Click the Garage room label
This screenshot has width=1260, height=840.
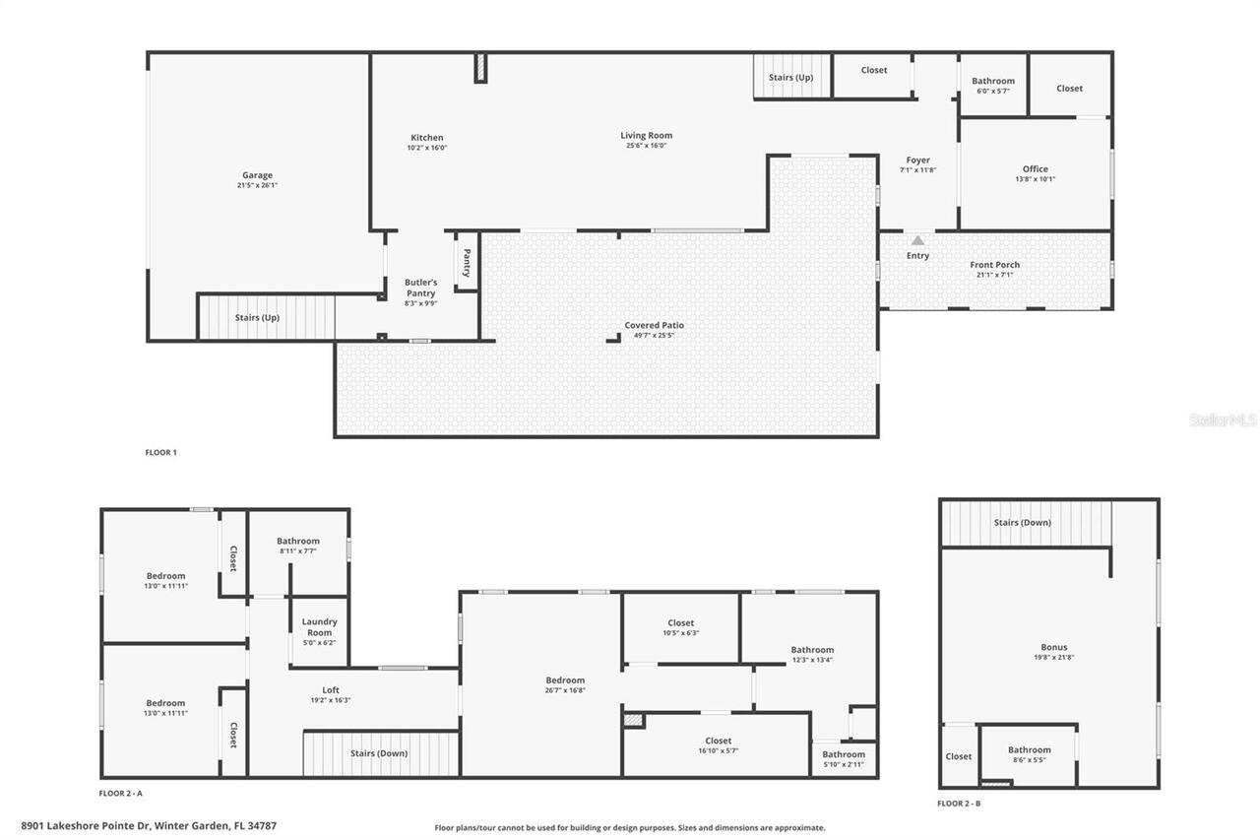coord(258,175)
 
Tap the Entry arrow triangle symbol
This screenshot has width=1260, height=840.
coord(917,240)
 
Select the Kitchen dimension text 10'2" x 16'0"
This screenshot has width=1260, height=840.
coord(427,149)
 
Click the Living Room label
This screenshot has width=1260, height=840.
coord(646,136)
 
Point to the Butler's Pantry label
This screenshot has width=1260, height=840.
coord(420,288)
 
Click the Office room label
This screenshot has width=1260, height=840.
coord(1035,168)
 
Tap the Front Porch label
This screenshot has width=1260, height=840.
coord(994,265)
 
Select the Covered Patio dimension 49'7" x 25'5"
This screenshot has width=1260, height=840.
coord(654,336)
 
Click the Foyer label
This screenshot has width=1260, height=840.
coord(917,161)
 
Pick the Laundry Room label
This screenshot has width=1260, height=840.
coord(319,626)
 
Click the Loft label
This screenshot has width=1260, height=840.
coord(331,689)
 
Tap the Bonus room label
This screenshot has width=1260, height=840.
coord(1052,647)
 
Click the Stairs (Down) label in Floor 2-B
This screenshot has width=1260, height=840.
coord(1022,523)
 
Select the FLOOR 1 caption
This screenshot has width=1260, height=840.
coord(160,453)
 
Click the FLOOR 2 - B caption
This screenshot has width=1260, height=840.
coord(959,804)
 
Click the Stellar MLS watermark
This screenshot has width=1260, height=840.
coord(1223,420)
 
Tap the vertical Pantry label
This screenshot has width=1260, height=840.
coord(467,263)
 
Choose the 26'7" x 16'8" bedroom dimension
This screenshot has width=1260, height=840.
coord(565,690)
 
